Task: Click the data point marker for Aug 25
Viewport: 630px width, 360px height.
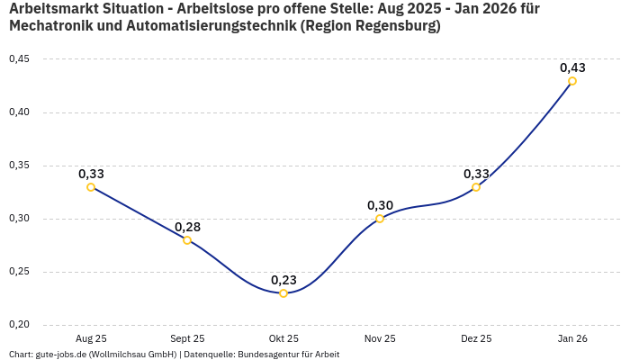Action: [91, 187]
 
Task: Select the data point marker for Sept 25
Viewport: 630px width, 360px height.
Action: [187, 240]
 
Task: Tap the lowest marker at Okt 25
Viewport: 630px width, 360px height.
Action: [283, 293]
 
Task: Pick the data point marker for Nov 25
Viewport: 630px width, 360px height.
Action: [380, 219]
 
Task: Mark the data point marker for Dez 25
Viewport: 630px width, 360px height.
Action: [476, 187]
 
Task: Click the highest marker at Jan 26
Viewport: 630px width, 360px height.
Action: [572, 81]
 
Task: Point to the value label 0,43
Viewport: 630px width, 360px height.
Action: [572, 67]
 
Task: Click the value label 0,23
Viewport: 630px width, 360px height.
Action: [283, 280]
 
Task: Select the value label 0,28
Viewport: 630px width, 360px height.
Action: [187, 227]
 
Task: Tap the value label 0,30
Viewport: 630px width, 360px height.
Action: [380, 205]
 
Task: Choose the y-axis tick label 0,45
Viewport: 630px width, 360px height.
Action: [19, 59]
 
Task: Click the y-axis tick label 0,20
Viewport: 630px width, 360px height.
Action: [19, 325]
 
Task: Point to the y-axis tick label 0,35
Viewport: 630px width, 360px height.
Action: [19, 166]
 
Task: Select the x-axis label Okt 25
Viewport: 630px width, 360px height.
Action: [283, 339]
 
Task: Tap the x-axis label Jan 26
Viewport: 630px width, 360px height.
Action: [572, 339]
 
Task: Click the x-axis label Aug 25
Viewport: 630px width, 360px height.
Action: [91, 339]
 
